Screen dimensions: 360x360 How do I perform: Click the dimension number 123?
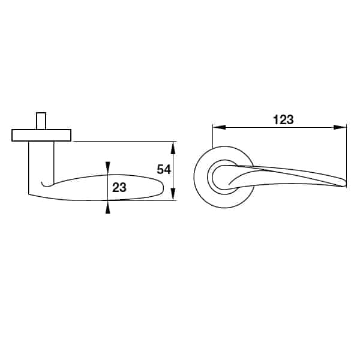[x=283, y=120]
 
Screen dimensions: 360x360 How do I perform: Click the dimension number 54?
[x=164, y=170]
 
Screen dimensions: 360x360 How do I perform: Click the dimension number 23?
[x=119, y=188]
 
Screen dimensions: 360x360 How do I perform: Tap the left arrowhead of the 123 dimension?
[x=219, y=127]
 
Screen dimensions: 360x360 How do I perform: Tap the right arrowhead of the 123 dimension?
[x=340, y=127]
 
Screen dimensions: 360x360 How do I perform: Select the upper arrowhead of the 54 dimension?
[x=173, y=148]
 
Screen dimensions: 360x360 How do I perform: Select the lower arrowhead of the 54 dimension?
[x=173, y=194]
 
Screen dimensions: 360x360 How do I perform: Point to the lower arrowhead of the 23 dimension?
[x=107, y=208]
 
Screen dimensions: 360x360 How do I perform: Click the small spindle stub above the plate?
[x=41, y=121]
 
